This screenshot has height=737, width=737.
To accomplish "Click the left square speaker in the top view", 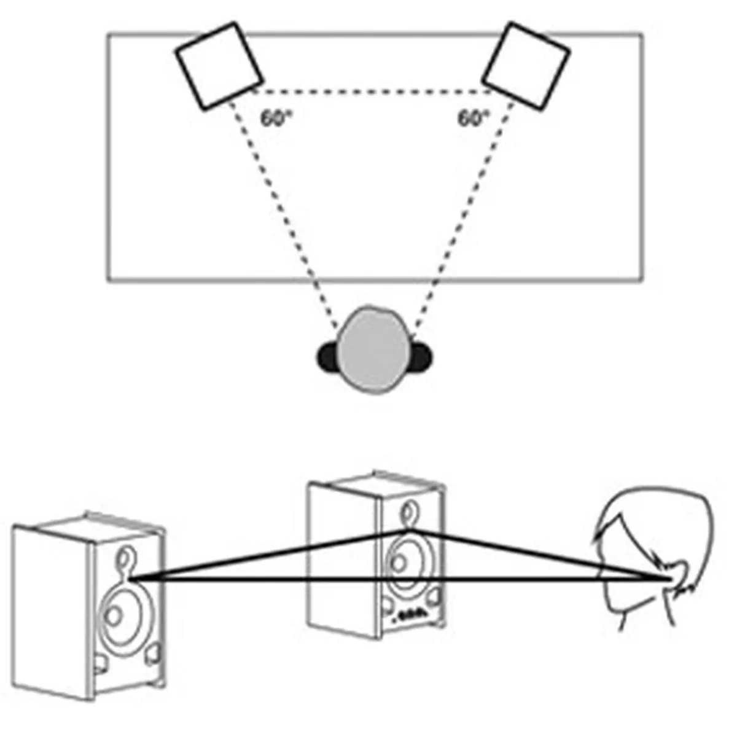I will coord(219,66).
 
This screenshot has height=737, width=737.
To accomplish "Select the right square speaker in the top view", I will coord(526,66).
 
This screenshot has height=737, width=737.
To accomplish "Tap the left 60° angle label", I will coord(274,118).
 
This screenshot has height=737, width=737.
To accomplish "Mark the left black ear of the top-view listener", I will coord(327,357).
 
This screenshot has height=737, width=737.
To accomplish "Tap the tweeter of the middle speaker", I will coord(406,511).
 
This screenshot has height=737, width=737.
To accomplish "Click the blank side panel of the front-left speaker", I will coord(52,608).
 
